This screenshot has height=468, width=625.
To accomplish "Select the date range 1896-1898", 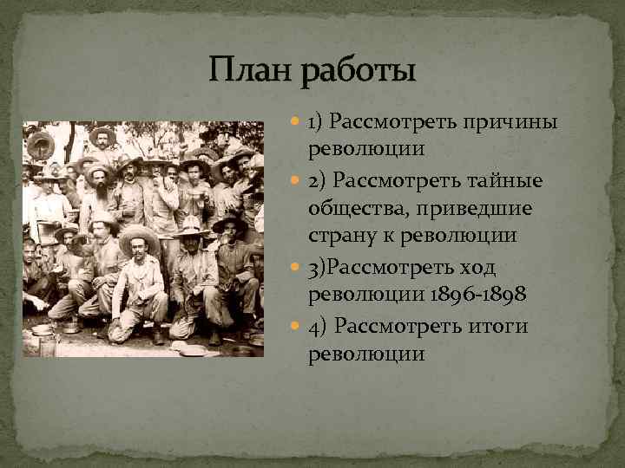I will (477, 296).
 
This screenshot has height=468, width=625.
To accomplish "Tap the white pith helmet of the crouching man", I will (189, 227).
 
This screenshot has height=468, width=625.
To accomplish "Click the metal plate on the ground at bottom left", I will (41, 329).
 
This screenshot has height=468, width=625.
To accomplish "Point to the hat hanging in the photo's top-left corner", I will (40, 144).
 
